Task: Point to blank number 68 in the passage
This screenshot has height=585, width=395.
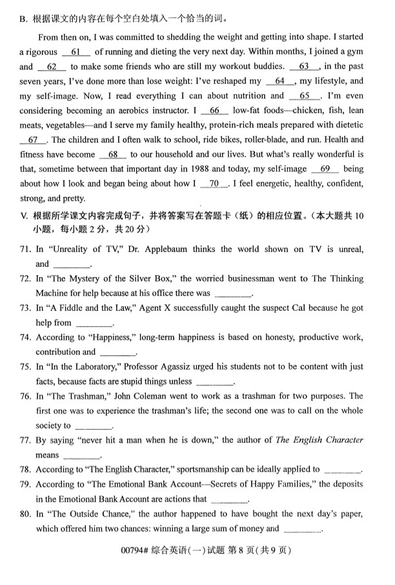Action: pos(113,154)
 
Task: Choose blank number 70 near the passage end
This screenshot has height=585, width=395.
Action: pos(214,184)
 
